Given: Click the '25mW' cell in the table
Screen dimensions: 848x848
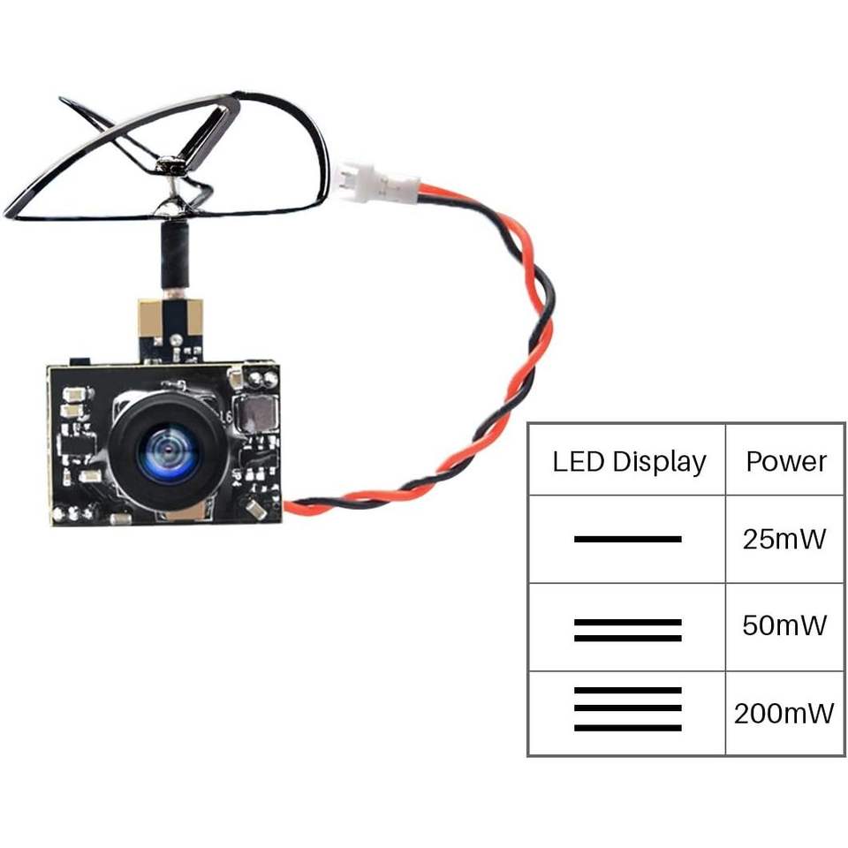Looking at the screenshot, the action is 784,539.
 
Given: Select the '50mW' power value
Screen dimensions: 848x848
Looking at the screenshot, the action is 784,626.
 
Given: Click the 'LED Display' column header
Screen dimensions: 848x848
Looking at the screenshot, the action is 629,461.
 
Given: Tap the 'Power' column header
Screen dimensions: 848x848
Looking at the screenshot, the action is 785,461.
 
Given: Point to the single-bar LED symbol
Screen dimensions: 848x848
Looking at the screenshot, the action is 627,539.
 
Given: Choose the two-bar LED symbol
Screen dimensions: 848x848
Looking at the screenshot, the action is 627,630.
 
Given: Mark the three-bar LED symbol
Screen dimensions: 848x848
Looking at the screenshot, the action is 627,708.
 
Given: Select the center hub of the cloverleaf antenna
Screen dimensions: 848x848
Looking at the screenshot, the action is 170,163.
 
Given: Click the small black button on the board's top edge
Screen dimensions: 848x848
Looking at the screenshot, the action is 79,361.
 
